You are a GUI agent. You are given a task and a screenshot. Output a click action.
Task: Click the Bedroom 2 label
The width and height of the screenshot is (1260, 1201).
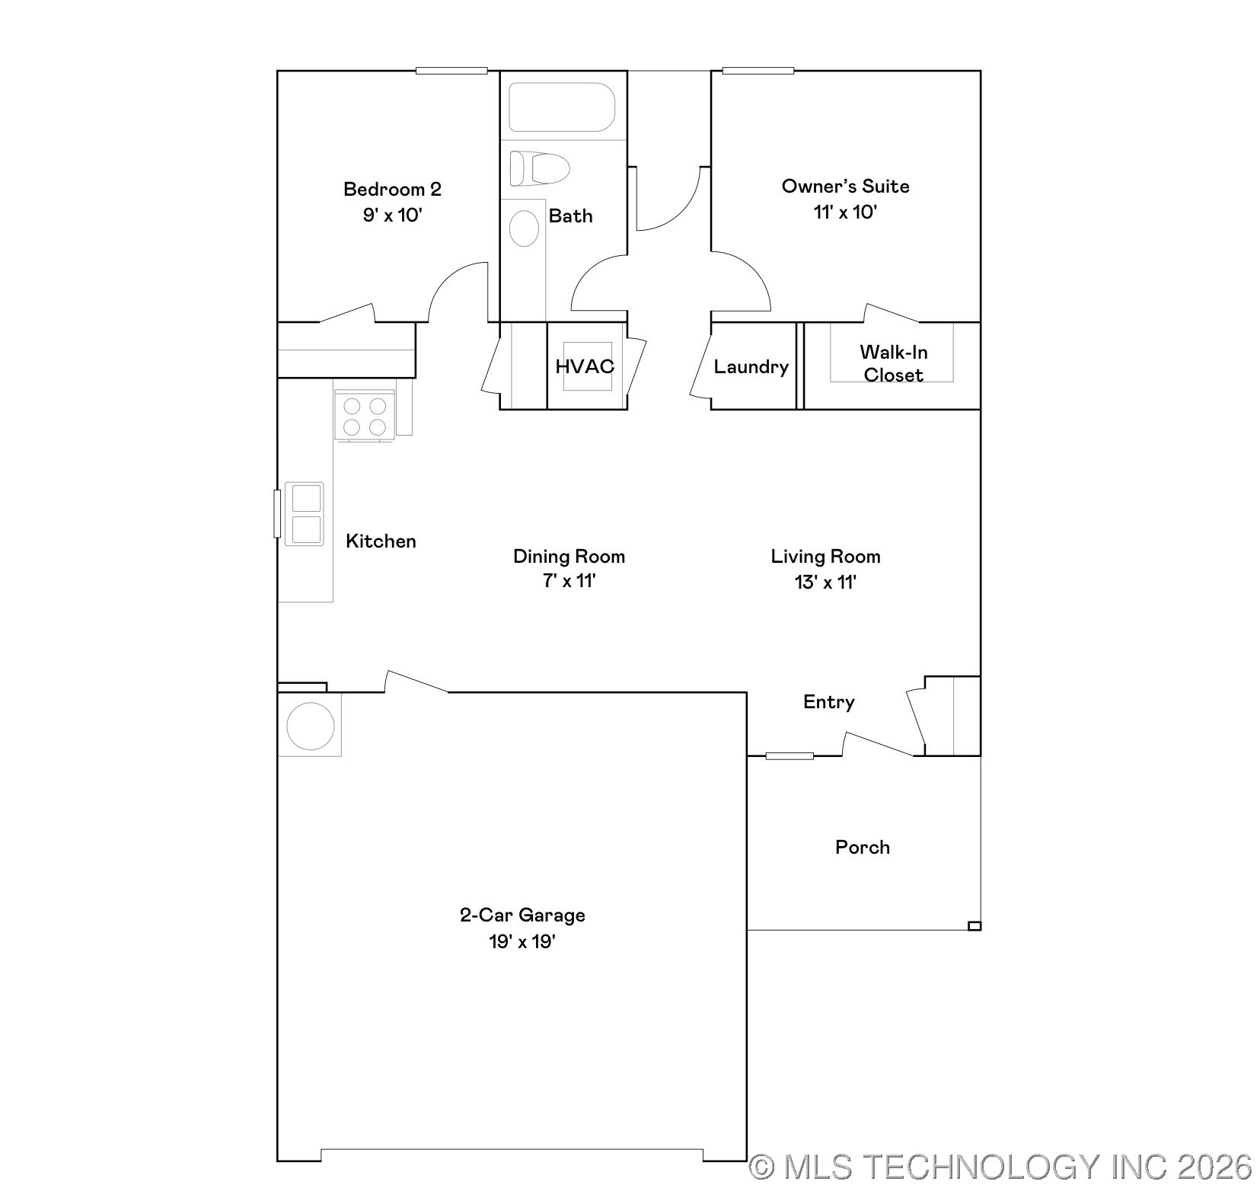click(392, 189)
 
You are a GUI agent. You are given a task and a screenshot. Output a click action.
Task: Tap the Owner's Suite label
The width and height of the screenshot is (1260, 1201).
click(845, 187)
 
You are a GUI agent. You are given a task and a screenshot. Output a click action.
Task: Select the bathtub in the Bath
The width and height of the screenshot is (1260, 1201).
click(562, 107)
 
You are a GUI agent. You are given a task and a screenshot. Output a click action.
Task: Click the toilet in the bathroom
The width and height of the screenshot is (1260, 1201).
click(539, 168)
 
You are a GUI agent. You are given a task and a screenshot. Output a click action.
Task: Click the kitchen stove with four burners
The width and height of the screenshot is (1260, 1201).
click(365, 416)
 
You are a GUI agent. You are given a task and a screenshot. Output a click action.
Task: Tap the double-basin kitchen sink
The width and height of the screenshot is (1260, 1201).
click(305, 514)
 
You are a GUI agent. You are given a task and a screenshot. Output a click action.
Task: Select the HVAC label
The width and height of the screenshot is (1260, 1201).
click(585, 366)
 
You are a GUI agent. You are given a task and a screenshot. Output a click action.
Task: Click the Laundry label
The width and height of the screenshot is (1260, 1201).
click(751, 367)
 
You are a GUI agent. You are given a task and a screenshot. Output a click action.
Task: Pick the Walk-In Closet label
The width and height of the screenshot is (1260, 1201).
click(893, 363)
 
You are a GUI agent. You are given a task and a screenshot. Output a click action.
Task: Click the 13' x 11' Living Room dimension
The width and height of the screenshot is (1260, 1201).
click(825, 583)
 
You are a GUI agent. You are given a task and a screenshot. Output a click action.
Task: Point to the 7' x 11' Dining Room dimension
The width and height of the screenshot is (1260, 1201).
click(569, 581)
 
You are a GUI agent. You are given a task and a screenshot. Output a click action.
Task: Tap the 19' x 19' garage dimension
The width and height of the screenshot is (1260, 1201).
click(522, 942)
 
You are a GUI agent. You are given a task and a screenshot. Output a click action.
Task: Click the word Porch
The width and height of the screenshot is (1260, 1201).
click(862, 848)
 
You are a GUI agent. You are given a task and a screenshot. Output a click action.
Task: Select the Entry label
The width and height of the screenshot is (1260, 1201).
click(828, 702)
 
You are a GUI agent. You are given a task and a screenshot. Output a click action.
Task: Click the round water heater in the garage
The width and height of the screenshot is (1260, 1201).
click(310, 726)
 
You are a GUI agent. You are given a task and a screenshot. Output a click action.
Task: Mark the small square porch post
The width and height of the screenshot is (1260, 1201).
click(974, 926)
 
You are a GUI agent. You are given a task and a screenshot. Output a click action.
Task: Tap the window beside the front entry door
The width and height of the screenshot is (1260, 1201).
click(789, 756)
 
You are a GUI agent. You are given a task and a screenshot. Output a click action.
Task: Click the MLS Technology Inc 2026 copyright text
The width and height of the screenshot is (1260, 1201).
click(1000, 1167)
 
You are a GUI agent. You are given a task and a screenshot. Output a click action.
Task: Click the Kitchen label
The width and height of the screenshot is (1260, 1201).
click(381, 541)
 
